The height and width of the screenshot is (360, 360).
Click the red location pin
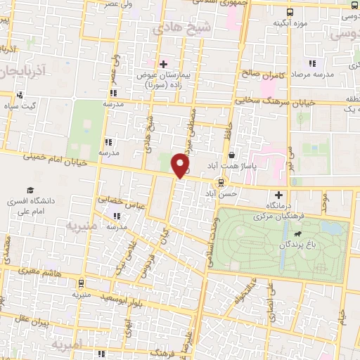point(181,165)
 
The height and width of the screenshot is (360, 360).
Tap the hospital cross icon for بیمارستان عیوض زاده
point(163,64)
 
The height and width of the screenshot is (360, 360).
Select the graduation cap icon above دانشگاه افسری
point(31,191)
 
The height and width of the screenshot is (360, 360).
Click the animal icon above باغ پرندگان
point(299,235)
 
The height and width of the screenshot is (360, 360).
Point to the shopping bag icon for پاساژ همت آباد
point(231,155)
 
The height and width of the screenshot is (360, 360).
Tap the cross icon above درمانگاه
point(279,195)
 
